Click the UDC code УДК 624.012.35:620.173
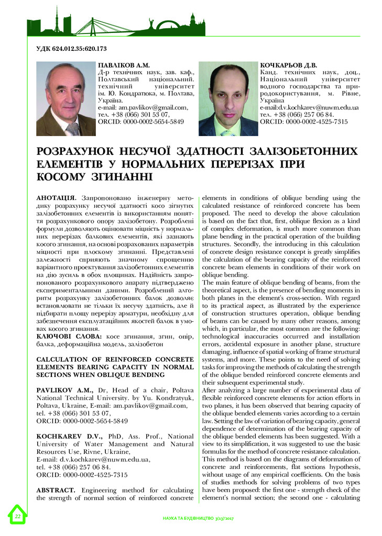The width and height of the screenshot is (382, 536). [71, 49]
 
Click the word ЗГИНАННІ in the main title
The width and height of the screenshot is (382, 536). [118, 177]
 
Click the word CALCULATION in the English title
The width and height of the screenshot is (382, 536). [64, 361]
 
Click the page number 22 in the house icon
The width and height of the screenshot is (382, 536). [17, 517]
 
